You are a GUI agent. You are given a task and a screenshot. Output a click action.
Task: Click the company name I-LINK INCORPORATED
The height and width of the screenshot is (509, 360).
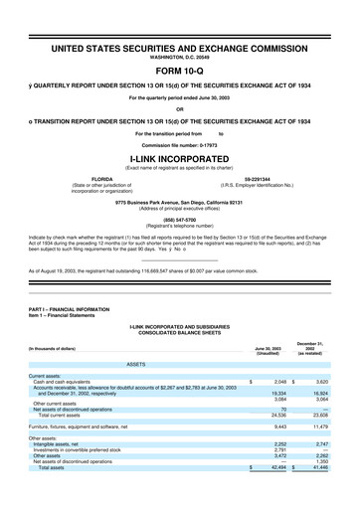click(x=179, y=157)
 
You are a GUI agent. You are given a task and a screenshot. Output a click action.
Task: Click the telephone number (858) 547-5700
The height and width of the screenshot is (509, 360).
click(x=179, y=220)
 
